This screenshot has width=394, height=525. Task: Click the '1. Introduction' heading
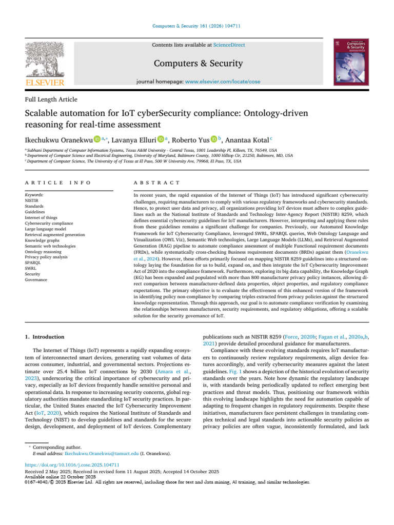(45, 337)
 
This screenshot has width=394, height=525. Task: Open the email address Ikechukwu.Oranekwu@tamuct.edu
(94, 454)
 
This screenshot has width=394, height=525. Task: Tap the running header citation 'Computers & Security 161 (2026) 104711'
(196, 27)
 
